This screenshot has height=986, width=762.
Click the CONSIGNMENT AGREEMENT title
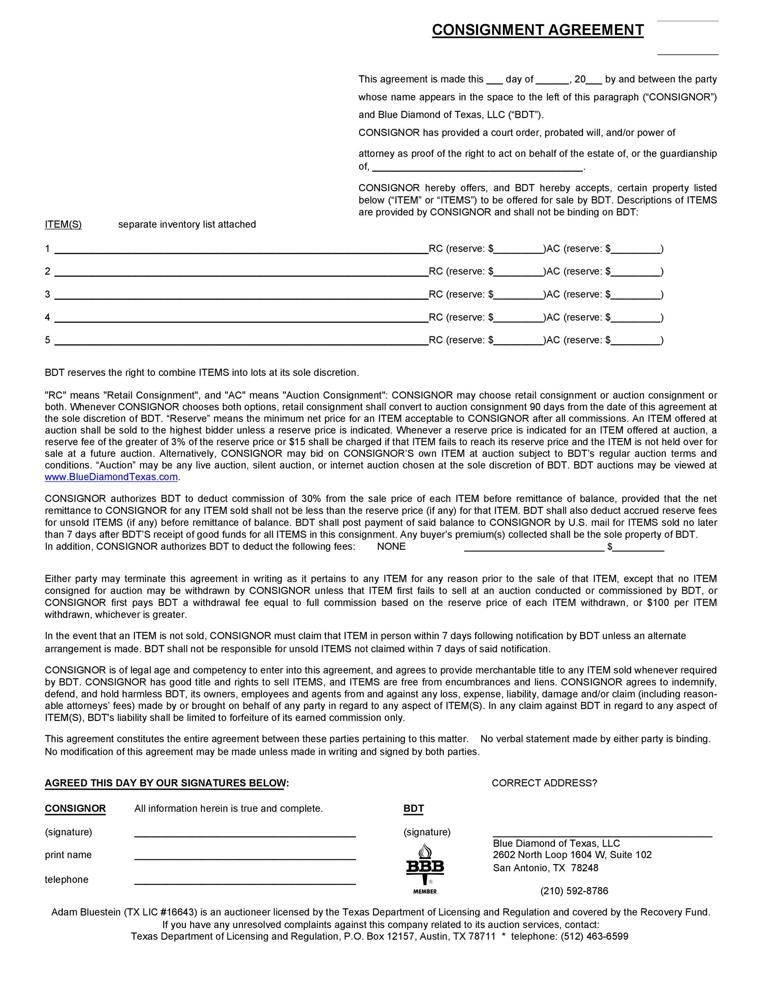537,30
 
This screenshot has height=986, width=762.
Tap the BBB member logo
425,868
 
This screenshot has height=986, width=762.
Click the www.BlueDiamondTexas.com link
111,477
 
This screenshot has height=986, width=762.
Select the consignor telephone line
245,881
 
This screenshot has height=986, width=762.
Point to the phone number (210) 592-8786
574,891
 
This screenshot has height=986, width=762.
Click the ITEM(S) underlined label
63,224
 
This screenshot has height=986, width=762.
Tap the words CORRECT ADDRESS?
544,783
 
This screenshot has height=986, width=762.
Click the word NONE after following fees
391,547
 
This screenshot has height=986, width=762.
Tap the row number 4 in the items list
47,317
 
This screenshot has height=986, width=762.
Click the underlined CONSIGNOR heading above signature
75,809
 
